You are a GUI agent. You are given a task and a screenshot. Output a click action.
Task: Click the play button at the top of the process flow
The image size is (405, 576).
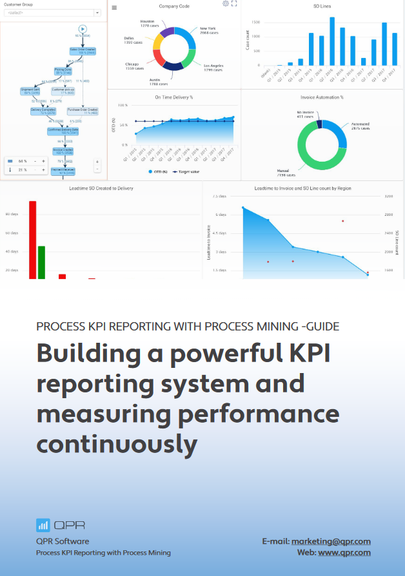[x=82, y=28]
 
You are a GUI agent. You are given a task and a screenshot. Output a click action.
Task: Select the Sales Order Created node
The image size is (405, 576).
[x=82, y=50]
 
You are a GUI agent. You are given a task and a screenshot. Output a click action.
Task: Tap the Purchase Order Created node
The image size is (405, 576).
[x=83, y=111]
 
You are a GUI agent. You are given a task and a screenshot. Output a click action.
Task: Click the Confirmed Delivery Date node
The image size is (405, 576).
[x=63, y=131]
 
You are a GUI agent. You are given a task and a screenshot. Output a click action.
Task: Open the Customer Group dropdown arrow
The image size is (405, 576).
[x=97, y=12]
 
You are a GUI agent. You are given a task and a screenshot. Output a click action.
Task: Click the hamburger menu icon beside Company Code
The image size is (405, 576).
[x=114, y=8]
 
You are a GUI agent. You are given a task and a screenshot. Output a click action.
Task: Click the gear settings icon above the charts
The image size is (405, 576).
[x=226, y=4]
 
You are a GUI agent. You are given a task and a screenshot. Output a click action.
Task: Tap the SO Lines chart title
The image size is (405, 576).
[x=322, y=6]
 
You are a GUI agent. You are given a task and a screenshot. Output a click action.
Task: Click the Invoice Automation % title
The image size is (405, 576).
[x=322, y=97]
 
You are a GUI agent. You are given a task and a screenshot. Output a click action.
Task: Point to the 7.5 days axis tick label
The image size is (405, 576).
[x=219, y=196]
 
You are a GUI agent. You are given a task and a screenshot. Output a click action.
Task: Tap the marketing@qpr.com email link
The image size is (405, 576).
[x=331, y=542]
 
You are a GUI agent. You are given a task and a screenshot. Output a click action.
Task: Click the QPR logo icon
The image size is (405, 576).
[x=43, y=524]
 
